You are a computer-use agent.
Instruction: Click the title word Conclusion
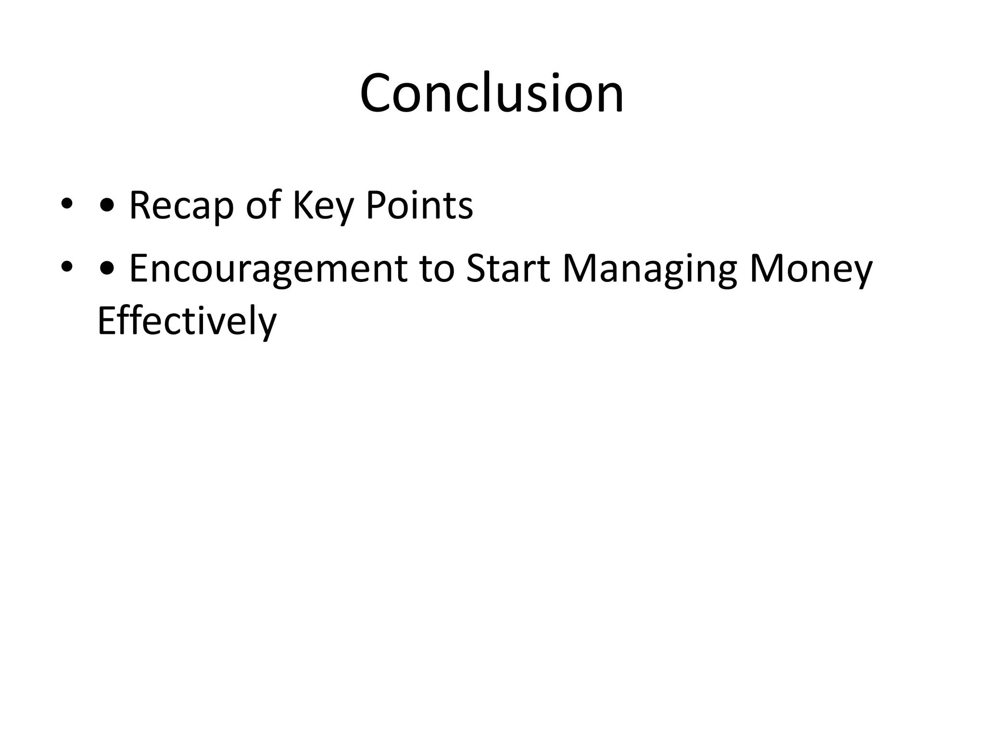click(x=492, y=93)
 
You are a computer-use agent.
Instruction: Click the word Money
click(x=810, y=269)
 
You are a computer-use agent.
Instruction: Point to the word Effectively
click(x=187, y=321)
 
